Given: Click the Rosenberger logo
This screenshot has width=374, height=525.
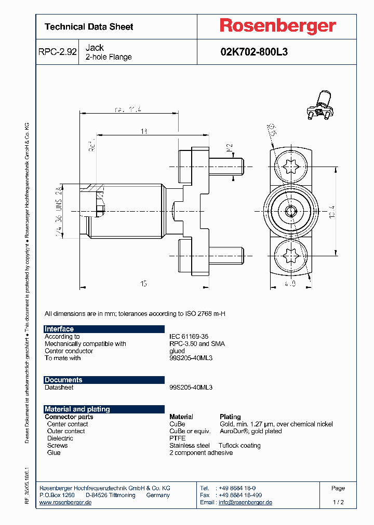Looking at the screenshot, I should click(x=277, y=26).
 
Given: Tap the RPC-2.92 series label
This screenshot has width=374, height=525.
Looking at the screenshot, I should click(x=57, y=52).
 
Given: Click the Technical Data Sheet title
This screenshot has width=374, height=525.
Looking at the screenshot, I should click(x=89, y=27).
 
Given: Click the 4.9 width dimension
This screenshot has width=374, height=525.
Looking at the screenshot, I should click(x=290, y=284).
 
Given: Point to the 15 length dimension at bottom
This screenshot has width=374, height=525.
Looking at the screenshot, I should click(x=143, y=283).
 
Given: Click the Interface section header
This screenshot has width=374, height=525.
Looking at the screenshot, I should click(x=59, y=329).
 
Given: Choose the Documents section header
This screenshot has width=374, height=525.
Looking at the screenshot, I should click(x=63, y=380).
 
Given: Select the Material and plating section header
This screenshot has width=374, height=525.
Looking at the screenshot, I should click(x=77, y=409).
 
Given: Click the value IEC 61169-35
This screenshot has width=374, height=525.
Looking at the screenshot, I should click(x=189, y=337).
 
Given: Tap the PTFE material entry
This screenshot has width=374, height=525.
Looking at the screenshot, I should click(x=178, y=438).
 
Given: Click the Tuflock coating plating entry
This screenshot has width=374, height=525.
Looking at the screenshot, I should click(x=239, y=446).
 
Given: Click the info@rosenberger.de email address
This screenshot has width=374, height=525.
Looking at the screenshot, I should click(x=245, y=503).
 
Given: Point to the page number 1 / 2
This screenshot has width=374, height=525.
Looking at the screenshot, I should click(x=338, y=503).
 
